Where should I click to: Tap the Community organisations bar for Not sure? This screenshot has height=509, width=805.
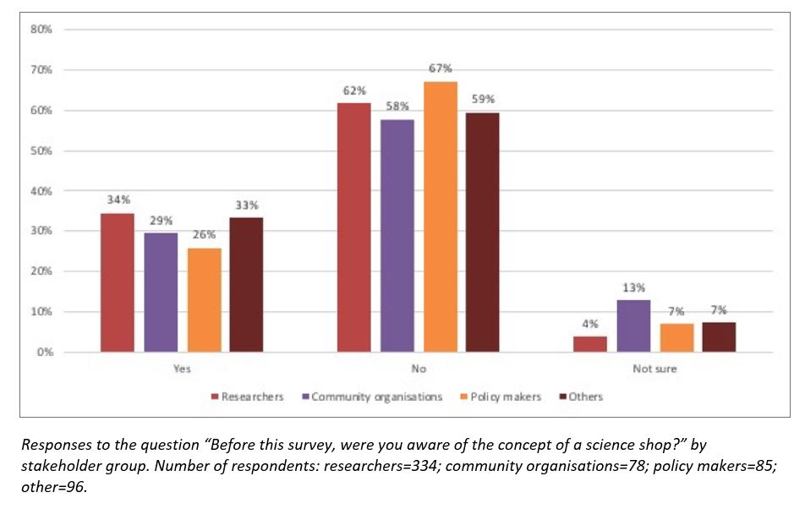(633, 326)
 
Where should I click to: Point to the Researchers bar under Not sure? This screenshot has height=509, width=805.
(590, 343)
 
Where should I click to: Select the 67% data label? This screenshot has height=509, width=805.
(440, 68)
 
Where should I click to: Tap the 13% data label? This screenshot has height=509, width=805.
(633, 287)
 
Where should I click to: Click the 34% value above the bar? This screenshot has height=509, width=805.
(118, 200)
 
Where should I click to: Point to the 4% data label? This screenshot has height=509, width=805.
(590, 322)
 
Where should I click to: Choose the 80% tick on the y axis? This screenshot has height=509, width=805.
(41, 30)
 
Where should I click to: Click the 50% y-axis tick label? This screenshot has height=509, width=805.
(41, 151)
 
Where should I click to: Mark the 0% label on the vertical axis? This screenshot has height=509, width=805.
(44, 352)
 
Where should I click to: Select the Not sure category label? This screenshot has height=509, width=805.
(654, 369)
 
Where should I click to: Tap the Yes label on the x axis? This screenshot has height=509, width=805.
(182, 369)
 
